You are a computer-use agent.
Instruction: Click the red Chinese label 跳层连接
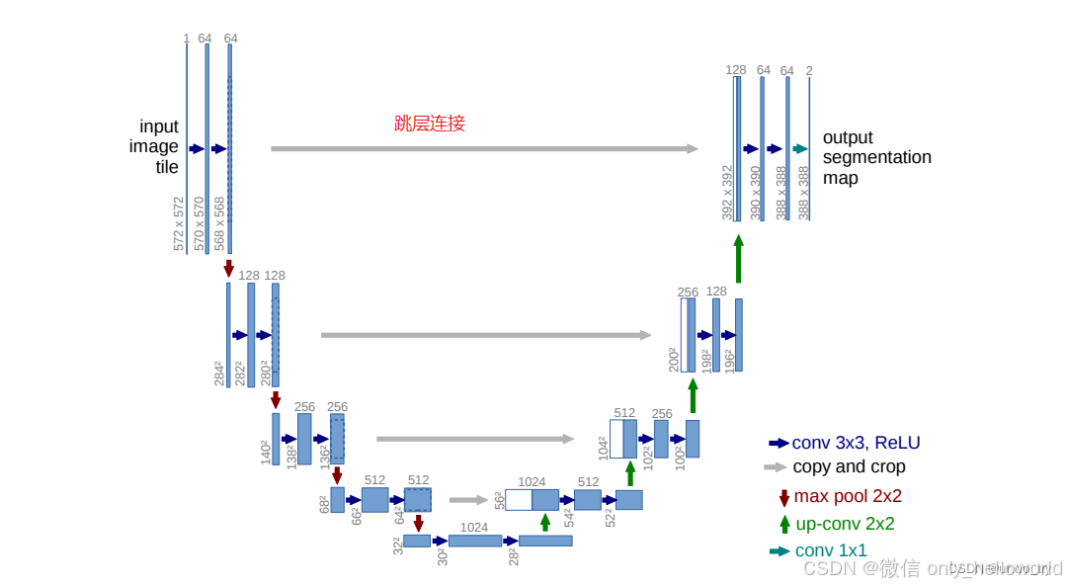430,124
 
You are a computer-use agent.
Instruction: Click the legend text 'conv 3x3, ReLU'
856,443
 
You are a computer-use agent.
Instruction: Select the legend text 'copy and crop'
849,466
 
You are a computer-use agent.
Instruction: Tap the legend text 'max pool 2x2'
848,496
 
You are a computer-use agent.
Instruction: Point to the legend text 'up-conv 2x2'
844,524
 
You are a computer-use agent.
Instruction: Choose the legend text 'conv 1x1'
831,550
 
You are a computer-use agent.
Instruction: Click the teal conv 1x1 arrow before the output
800,149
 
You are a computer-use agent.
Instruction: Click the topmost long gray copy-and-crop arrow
484,149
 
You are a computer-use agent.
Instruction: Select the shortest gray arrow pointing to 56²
468,500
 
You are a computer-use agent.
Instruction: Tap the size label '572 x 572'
179,223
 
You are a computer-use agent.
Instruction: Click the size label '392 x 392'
727,192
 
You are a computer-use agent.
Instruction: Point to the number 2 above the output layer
809,70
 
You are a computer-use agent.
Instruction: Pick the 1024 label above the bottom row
473,527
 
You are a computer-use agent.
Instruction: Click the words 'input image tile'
156,146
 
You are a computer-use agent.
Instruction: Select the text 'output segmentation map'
876,158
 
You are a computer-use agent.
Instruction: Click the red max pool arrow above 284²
228,269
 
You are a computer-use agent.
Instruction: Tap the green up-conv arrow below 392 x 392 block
738,258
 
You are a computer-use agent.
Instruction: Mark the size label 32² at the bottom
398,544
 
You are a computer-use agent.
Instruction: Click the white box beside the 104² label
615,439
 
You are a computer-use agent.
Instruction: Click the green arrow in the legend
784,524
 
